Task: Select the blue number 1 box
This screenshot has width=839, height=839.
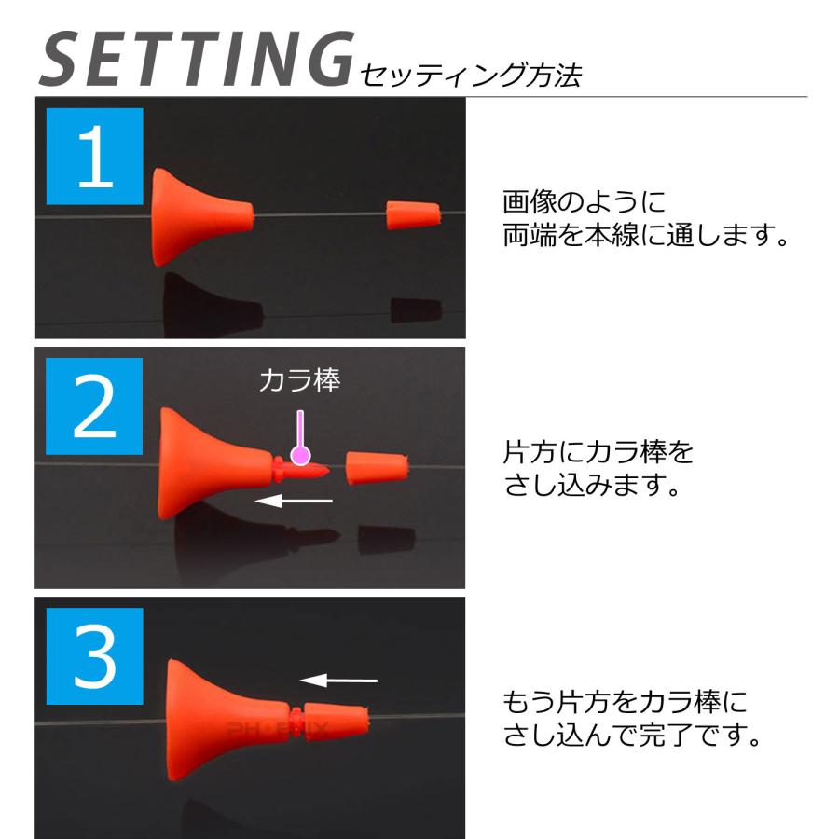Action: [x=94, y=157]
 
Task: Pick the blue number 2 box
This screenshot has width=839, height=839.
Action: [x=94, y=406]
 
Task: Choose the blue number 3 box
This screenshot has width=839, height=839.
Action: [x=94, y=655]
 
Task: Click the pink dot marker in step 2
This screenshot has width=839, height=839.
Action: [x=300, y=455]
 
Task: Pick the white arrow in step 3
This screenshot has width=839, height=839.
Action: [x=338, y=680]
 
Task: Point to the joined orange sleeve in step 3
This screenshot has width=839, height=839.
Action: [x=337, y=721]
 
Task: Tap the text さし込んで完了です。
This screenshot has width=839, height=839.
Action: [x=634, y=736]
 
